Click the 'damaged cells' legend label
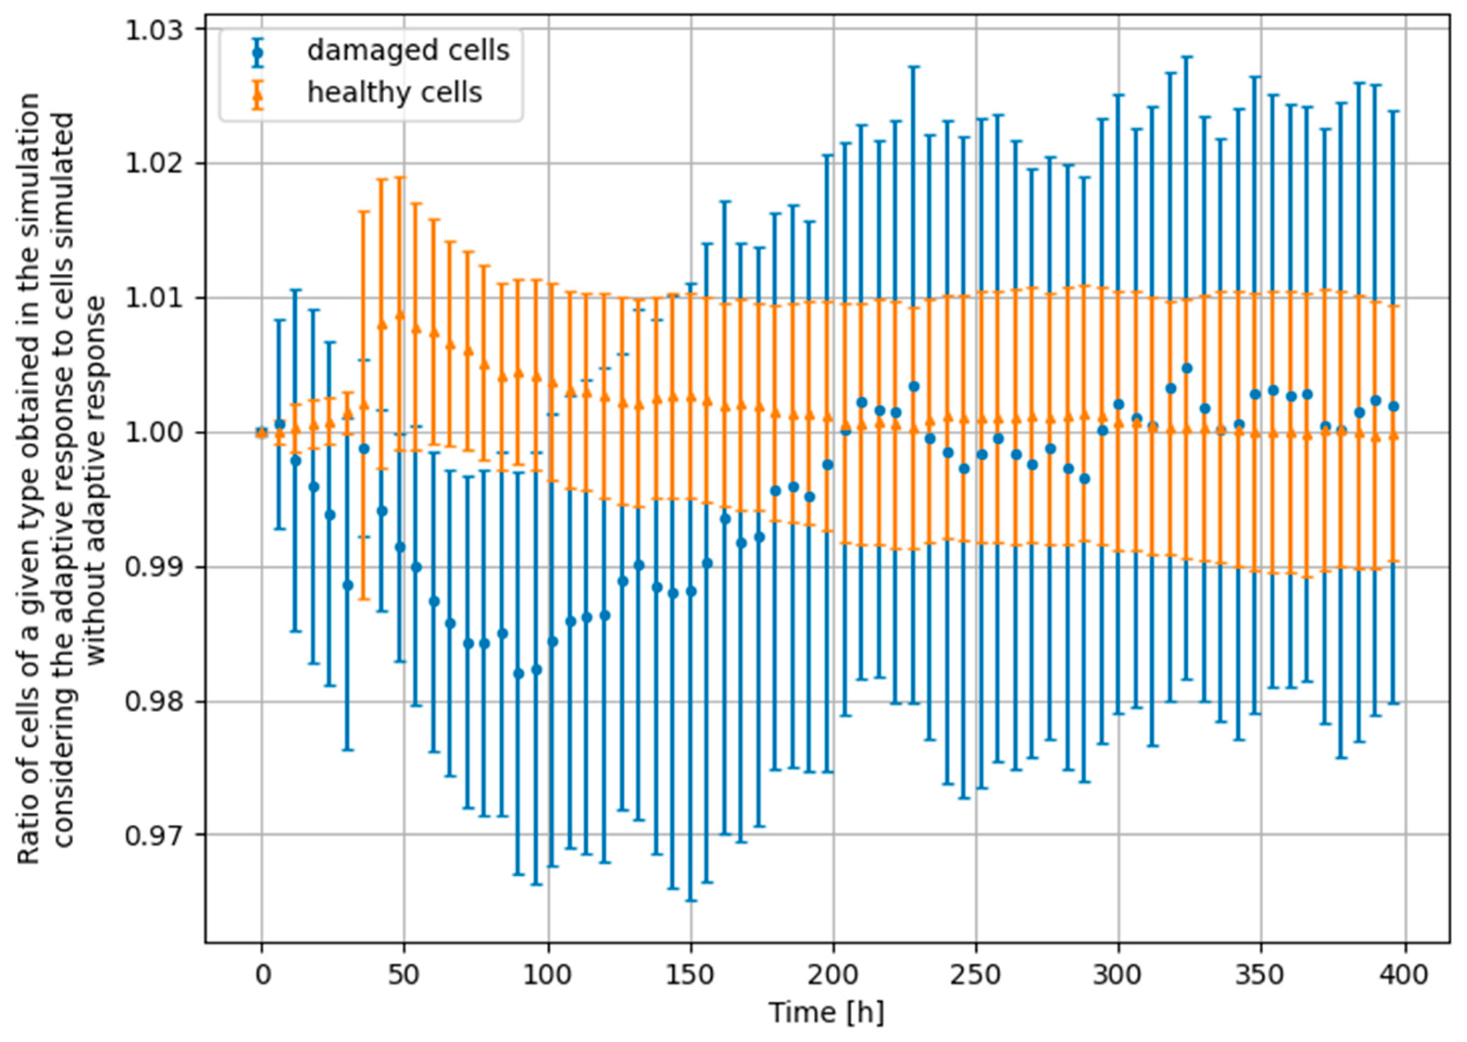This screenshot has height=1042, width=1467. (408, 50)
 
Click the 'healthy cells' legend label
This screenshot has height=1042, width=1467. (394, 93)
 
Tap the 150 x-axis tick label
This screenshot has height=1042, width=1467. (690, 976)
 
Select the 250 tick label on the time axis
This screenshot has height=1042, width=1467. (976, 976)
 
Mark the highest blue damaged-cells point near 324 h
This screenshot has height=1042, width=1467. (1187, 368)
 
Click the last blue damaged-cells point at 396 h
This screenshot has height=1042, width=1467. (1392, 406)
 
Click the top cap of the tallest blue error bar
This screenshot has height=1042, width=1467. (1187, 56)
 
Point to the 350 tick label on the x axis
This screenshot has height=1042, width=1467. (1261, 976)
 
